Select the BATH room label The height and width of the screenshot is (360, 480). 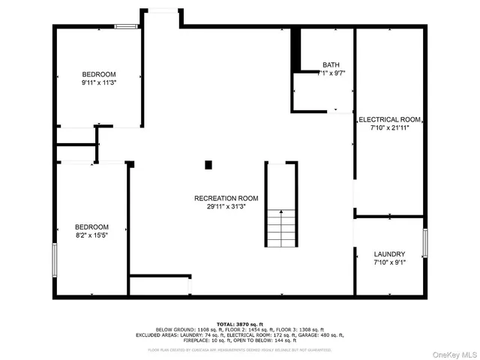(331, 64)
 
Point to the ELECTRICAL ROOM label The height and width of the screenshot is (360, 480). (389, 119)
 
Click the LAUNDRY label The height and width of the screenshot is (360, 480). (389, 254)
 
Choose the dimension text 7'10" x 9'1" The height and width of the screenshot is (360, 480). (389, 263)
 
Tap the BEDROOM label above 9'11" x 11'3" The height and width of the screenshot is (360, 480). (99, 74)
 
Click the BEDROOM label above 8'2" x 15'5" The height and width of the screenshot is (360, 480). (91, 227)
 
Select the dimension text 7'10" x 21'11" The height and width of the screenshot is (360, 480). (389, 128)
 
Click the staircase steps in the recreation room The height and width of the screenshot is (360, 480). (280, 226)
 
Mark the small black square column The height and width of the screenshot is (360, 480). (209, 164)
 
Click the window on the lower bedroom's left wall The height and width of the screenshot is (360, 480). (54, 260)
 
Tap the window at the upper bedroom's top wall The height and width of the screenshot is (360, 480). (126, 27)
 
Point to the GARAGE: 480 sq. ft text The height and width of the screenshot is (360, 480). (325, 335)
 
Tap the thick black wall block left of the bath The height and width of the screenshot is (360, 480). (295, 49)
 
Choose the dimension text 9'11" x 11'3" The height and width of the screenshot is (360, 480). (99, 83)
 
